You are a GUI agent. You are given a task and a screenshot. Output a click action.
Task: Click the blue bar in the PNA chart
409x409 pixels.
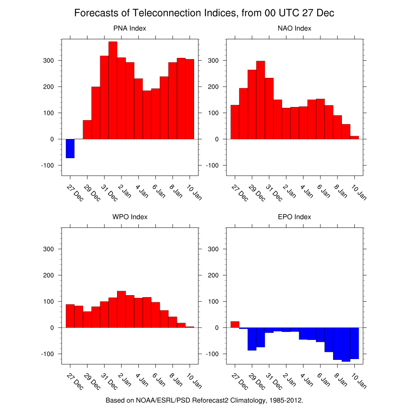click(70, 148)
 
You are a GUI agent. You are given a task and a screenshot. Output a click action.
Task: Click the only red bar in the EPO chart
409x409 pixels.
click(235, 324)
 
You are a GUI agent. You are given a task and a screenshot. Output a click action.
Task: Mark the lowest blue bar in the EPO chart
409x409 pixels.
click(346, 344)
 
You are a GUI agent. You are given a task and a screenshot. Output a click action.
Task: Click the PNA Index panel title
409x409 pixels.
click(130, 28)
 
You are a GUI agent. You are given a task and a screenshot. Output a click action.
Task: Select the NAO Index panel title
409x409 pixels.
click(294, 28)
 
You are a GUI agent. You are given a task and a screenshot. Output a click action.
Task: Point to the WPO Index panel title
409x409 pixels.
click(130, 217)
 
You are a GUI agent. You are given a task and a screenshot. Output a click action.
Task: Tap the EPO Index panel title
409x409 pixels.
click(294, 217)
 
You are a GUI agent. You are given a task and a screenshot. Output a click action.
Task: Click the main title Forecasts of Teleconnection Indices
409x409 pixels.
click(204, 13)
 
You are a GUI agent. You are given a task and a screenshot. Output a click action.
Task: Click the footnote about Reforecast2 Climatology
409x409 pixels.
click(204, 400)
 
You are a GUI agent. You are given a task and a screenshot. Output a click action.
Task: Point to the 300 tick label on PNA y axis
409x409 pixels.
click(49, 61)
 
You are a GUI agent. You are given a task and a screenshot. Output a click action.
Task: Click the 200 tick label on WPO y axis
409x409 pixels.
click(49, 275)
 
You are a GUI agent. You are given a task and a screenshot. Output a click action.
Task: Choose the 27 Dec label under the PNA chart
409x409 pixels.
click(75, 193)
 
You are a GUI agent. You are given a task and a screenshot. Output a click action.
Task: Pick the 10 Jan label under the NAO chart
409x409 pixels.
click(359, 193)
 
